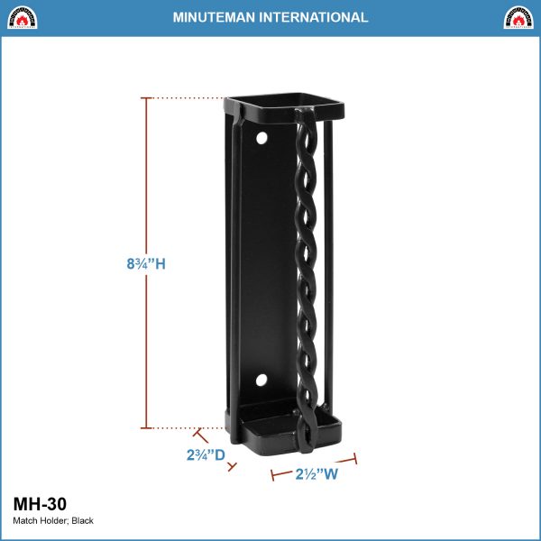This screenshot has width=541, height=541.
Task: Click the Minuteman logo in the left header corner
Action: click(x=22, y=17)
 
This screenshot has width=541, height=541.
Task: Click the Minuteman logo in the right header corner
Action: click(x=518, y=17)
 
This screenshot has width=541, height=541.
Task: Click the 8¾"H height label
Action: click(x=146, y=264)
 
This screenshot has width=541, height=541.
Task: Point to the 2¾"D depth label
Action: click(x=206, y=454)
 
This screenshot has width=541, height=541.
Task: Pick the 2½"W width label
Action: click(x=316, y=474)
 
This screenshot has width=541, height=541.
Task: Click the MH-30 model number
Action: click(x=40, y=504)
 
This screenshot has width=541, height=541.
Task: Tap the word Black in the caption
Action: click(x=82, y=520)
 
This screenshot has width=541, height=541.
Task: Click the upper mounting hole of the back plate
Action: click(x=261, y=138)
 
